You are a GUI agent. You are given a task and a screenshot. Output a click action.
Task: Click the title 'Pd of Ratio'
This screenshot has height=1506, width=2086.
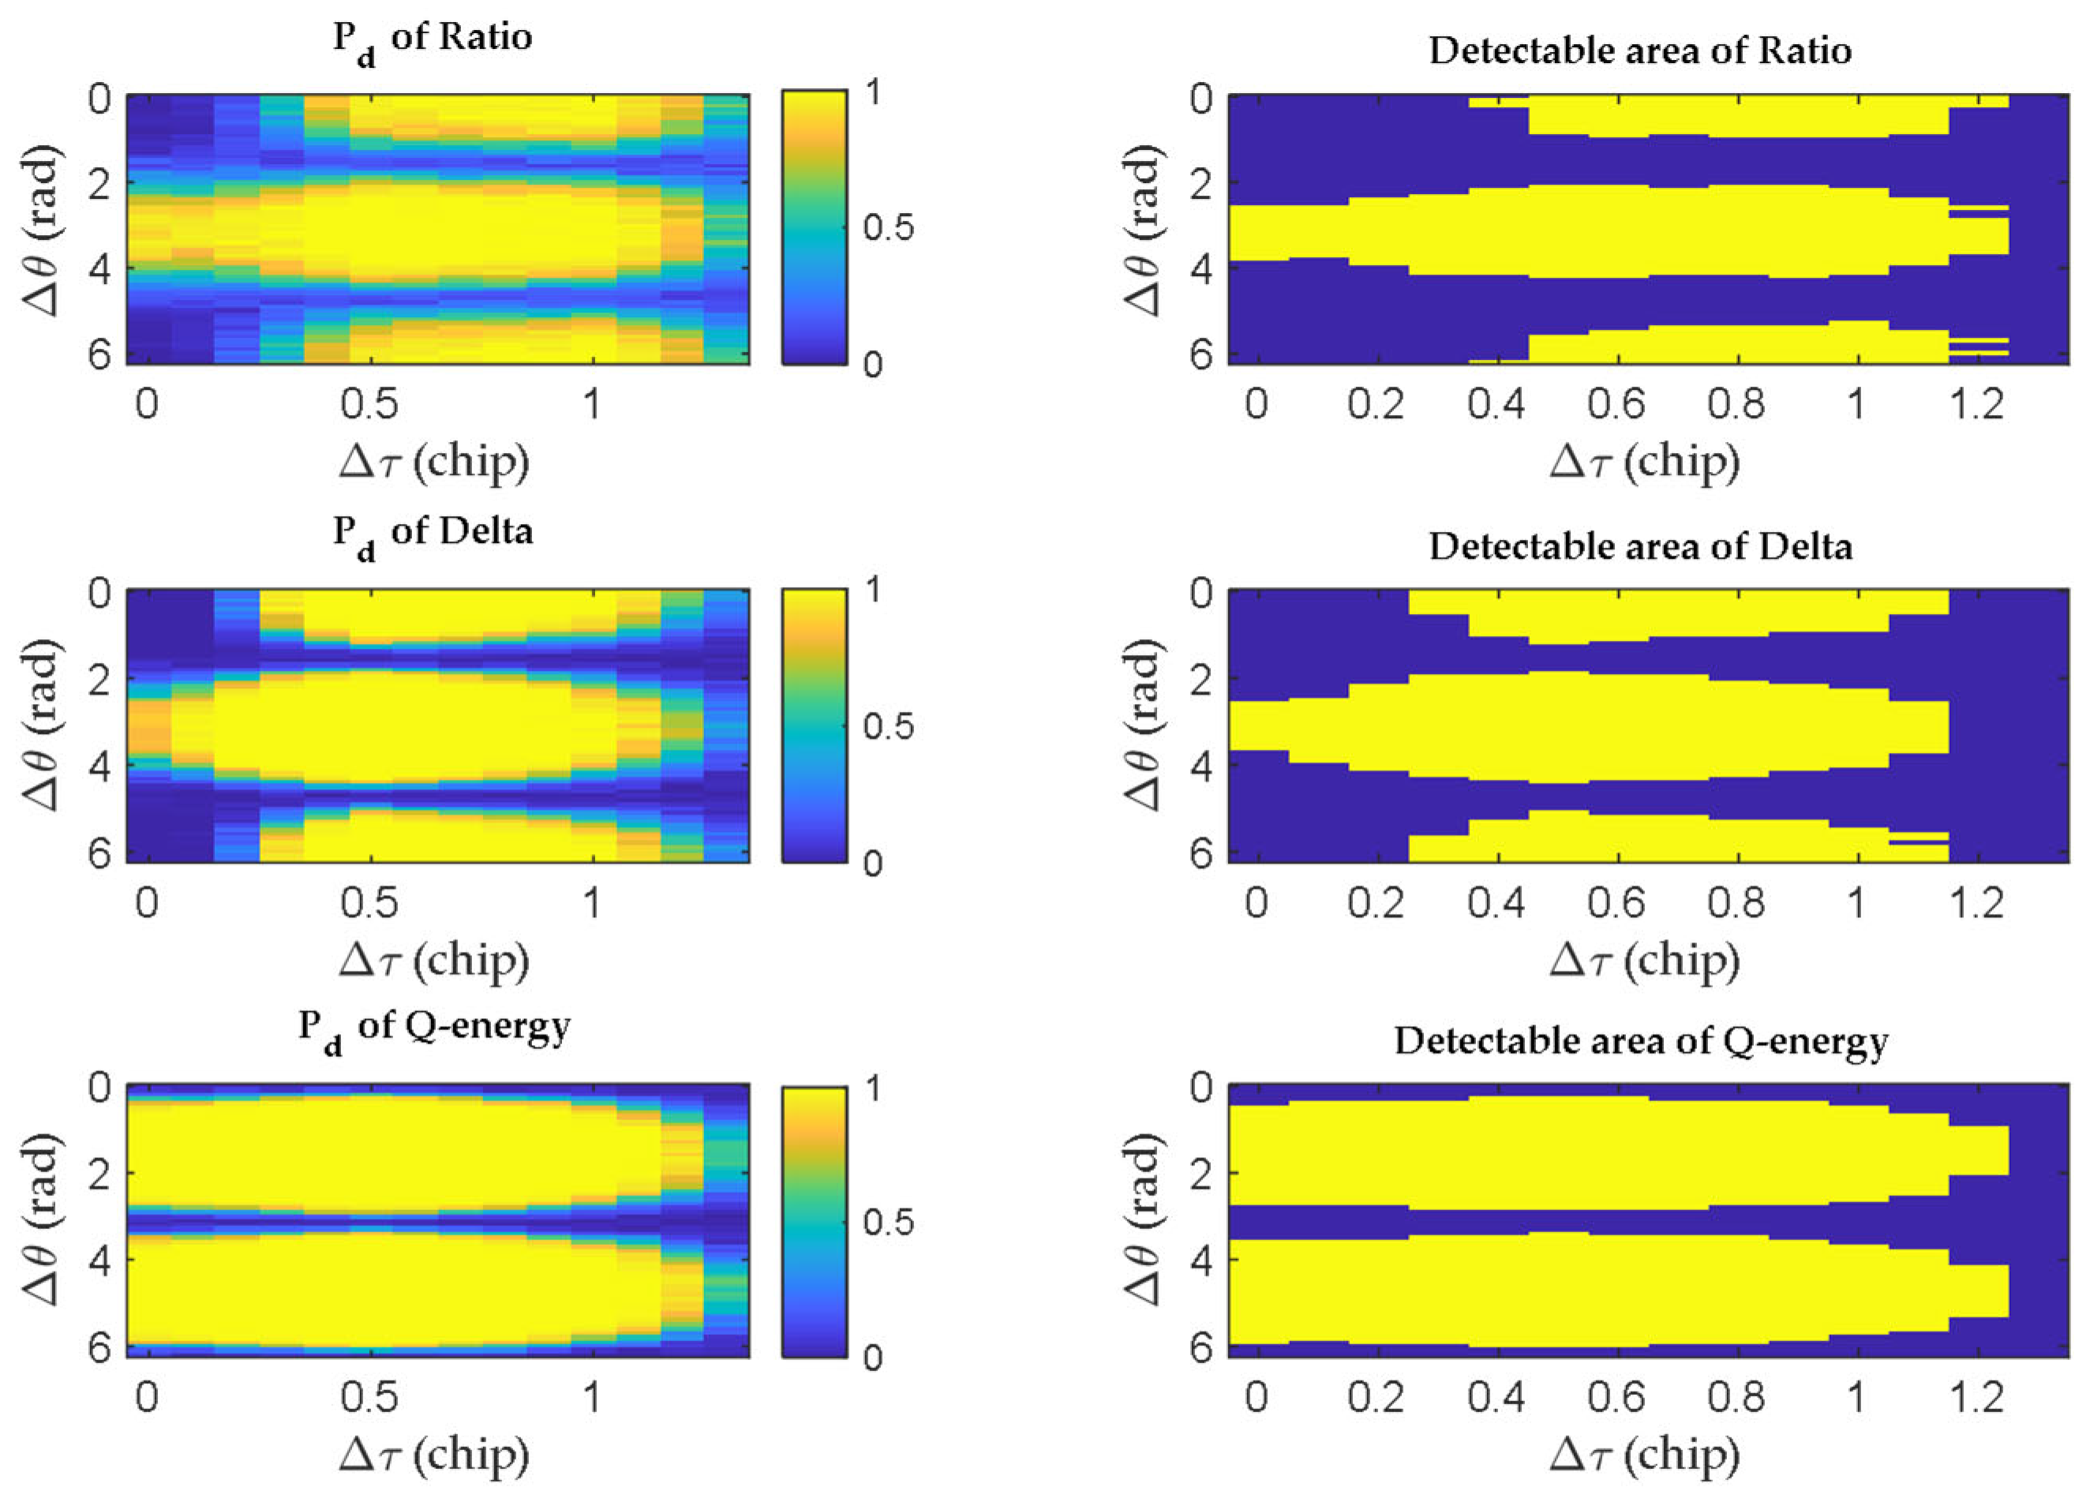(433, 39)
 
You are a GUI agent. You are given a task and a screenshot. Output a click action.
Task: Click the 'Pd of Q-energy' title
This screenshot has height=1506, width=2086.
(433, 1028)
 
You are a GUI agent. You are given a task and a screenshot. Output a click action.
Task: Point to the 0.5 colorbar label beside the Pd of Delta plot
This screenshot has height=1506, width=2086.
(888, 727)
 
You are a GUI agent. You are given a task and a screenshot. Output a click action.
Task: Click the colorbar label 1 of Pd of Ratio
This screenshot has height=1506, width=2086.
(873, 92)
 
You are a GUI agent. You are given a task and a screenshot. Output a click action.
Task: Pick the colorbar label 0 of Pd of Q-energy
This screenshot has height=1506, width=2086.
(873, 1358)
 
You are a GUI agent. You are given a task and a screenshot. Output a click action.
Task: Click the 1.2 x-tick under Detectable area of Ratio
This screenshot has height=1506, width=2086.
(1976, 405)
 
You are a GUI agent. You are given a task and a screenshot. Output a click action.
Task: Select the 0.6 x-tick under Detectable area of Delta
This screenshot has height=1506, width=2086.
(1616, 904)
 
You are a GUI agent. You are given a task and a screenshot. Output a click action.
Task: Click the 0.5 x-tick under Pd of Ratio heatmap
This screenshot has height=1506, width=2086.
(369, 405)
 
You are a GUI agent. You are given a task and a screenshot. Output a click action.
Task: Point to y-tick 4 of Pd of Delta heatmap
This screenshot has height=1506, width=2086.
(99, 766)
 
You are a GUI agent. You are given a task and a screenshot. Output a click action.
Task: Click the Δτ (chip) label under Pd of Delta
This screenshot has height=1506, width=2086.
(434, 961)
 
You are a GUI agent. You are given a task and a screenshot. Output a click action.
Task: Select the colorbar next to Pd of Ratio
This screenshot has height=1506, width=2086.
(814, 227)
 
